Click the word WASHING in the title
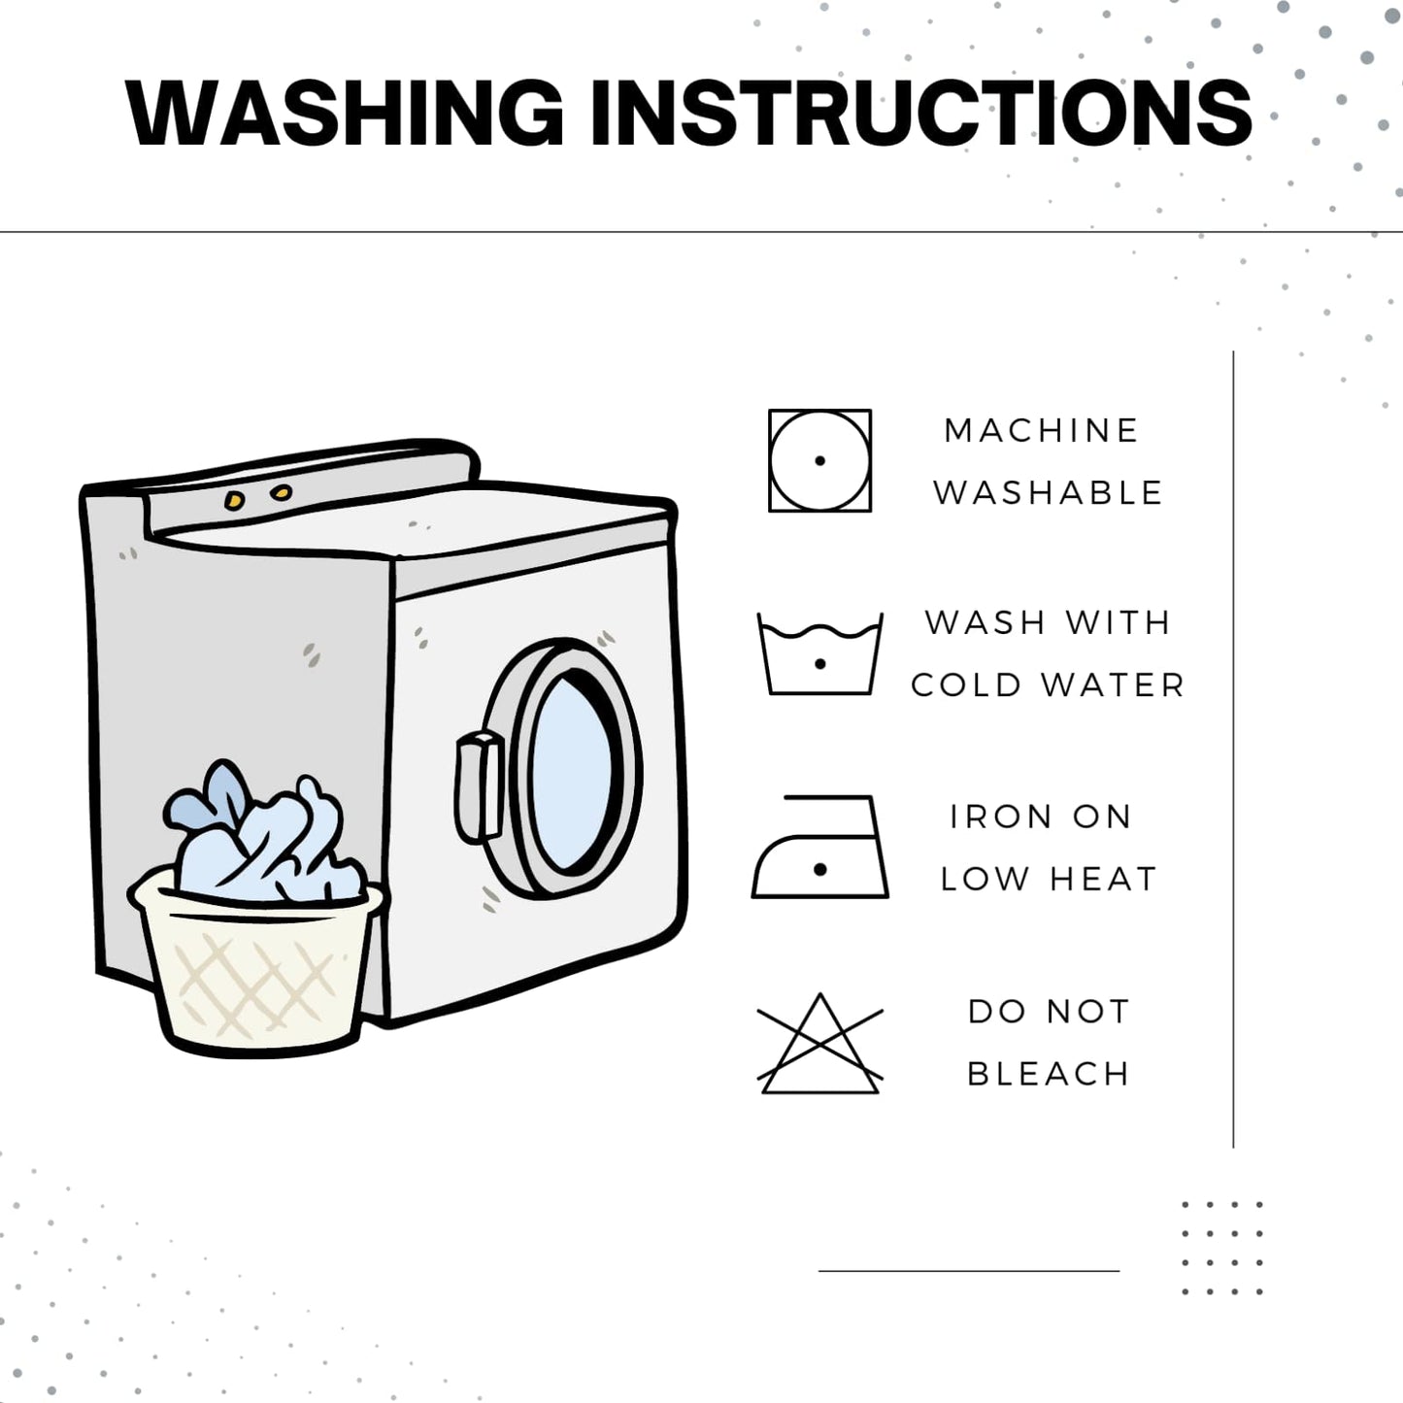coord(345,113)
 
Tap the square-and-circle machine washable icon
coord(819,461)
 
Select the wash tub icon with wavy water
coord(819,653)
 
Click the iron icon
coord(819,847)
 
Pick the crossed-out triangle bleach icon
coord(819,1043)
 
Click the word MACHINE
coord(1041,430)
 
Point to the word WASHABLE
coord(1048,493)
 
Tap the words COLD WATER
coord(1048,685)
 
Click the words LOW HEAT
coord(1048,879)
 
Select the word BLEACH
coord(1048,1074)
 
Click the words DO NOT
coord(1048,1012)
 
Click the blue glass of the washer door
coord(572,773)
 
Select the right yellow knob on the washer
coord(281,493)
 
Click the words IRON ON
coord(1041,817)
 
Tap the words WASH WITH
coord(1048,622)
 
